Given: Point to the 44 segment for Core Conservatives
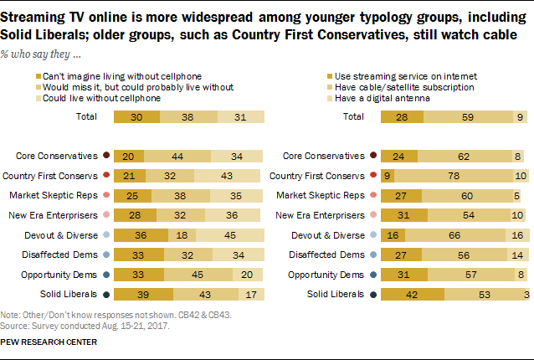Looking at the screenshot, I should click(177, 156).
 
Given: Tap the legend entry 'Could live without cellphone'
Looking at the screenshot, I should click(108, 98).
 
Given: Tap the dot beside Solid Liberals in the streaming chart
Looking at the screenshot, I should click(372, 294).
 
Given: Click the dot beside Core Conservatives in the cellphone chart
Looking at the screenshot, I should click(105, 156).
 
